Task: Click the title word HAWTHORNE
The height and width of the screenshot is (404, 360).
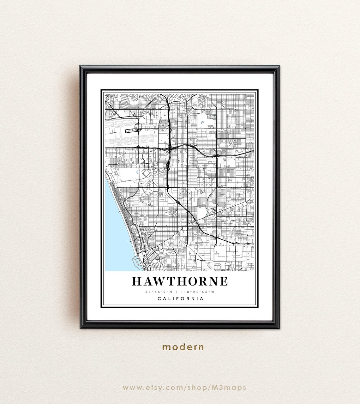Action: click(x=180, y=281)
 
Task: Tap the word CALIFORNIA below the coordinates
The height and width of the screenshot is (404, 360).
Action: click(x=180, y=298)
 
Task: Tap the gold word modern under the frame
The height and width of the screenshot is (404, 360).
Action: click(x=183, y=347)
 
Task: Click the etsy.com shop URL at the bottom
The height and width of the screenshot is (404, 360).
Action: click(x=184, y=387)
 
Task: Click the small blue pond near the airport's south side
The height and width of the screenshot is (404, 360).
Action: click(x=137, y=172)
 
